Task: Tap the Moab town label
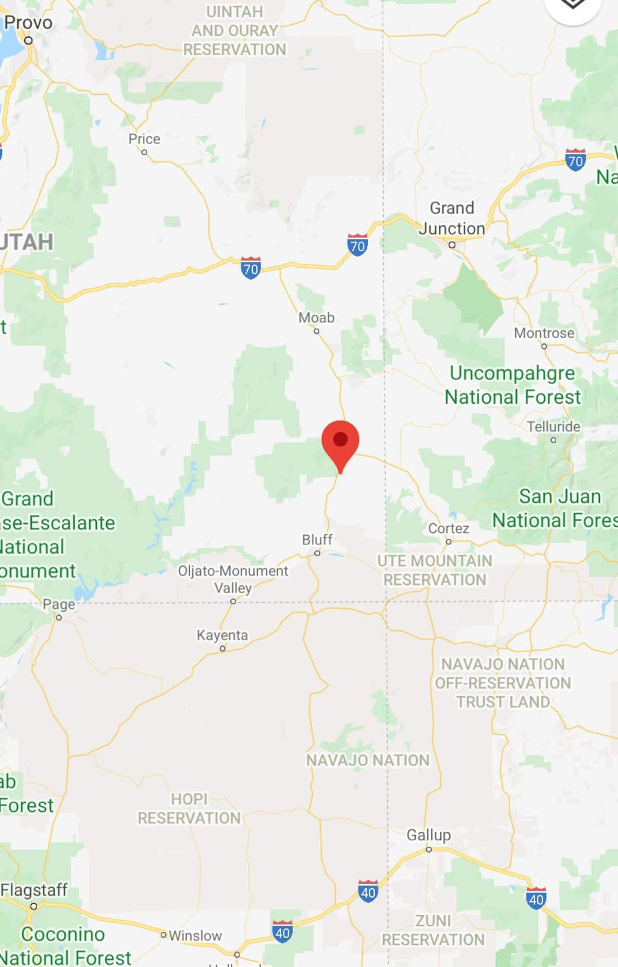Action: tap(316, 318)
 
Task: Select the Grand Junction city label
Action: tap(452, 218)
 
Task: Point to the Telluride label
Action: tap(553, 426)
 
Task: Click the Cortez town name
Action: tap(449, 528)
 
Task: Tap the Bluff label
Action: tap(317, 540)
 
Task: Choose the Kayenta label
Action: tap(222, 635)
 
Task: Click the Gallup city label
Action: tap(428, 835)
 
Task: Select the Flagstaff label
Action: tap(34, 890)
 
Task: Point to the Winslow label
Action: tap(195, 935)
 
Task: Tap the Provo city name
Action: tap(28, 23)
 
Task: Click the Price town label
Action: tap(144, 139)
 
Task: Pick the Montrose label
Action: tap(544, 333)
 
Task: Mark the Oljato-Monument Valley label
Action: tap(233, 579)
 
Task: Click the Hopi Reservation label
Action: tap(189, 808)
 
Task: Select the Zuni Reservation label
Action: tap(433, 930)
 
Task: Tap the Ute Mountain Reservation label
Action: tap(435, 570)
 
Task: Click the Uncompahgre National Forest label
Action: tap(512, 385)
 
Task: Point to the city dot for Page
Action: tap(59, 617)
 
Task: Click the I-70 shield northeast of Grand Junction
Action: tap(575, 160)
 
